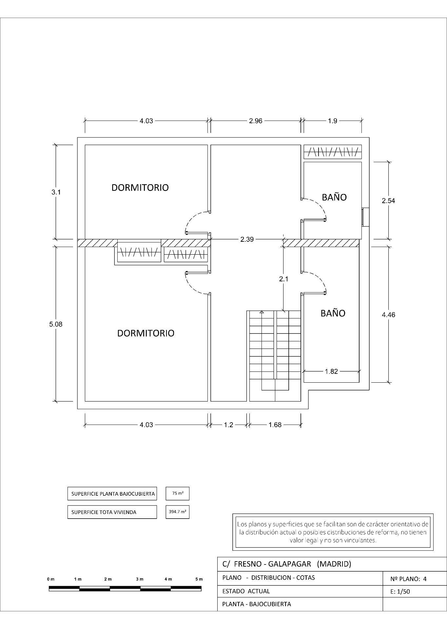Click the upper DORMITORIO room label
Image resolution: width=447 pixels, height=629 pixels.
pos(140,187)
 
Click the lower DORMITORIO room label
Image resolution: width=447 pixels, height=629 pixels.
pos(146,333)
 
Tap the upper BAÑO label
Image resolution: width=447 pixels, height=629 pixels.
pos(334,197)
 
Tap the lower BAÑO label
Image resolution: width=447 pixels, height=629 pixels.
pos(333,313)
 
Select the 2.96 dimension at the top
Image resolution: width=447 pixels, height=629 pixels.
pos(256,121)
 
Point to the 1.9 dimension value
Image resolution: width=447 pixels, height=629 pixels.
pos(332,121)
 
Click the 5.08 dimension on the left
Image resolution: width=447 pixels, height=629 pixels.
pos(56,324)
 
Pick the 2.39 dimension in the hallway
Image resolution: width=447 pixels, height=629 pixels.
pos(247,239)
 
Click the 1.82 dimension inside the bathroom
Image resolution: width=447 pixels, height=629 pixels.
pos(331,371)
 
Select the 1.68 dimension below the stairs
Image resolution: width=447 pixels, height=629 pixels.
pos(275,425)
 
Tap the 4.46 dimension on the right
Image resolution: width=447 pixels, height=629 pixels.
pos(388,315)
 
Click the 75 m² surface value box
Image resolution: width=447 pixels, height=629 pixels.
pos(178,493)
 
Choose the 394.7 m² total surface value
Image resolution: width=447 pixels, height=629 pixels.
pos(178,512)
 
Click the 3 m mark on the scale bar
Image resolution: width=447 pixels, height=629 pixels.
pos(140,579)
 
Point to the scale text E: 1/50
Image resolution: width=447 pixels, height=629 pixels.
pos(400,591)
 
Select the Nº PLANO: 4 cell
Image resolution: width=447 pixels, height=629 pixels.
pos(408,579)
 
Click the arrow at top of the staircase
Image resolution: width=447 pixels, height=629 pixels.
pos(262,312)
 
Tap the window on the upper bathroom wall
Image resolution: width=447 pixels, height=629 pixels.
pos(363,217)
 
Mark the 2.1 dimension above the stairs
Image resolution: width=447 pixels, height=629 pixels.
pos(283,279)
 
